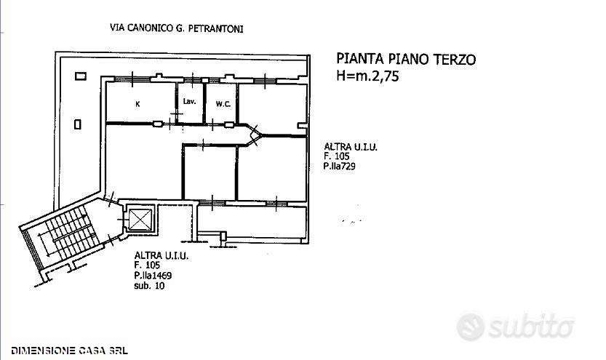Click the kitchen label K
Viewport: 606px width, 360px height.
138,104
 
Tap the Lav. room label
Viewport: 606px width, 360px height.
189,102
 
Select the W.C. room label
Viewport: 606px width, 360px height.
223,104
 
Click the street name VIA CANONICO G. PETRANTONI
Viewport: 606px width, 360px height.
177,28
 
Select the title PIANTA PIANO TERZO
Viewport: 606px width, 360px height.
406,59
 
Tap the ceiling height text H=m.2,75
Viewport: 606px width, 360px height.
367,76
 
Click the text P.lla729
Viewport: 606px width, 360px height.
339,167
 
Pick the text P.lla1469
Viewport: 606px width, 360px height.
153,276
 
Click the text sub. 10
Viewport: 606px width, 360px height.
149,286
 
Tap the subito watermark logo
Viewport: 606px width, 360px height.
515,327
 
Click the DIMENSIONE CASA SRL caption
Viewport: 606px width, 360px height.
70,351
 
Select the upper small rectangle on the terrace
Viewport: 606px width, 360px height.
81,76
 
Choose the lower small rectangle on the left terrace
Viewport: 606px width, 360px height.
78,124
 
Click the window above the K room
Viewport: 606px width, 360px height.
132,79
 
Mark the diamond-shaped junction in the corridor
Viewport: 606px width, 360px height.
255,134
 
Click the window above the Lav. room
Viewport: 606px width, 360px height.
193,80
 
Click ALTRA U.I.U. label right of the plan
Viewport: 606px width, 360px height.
351,147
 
